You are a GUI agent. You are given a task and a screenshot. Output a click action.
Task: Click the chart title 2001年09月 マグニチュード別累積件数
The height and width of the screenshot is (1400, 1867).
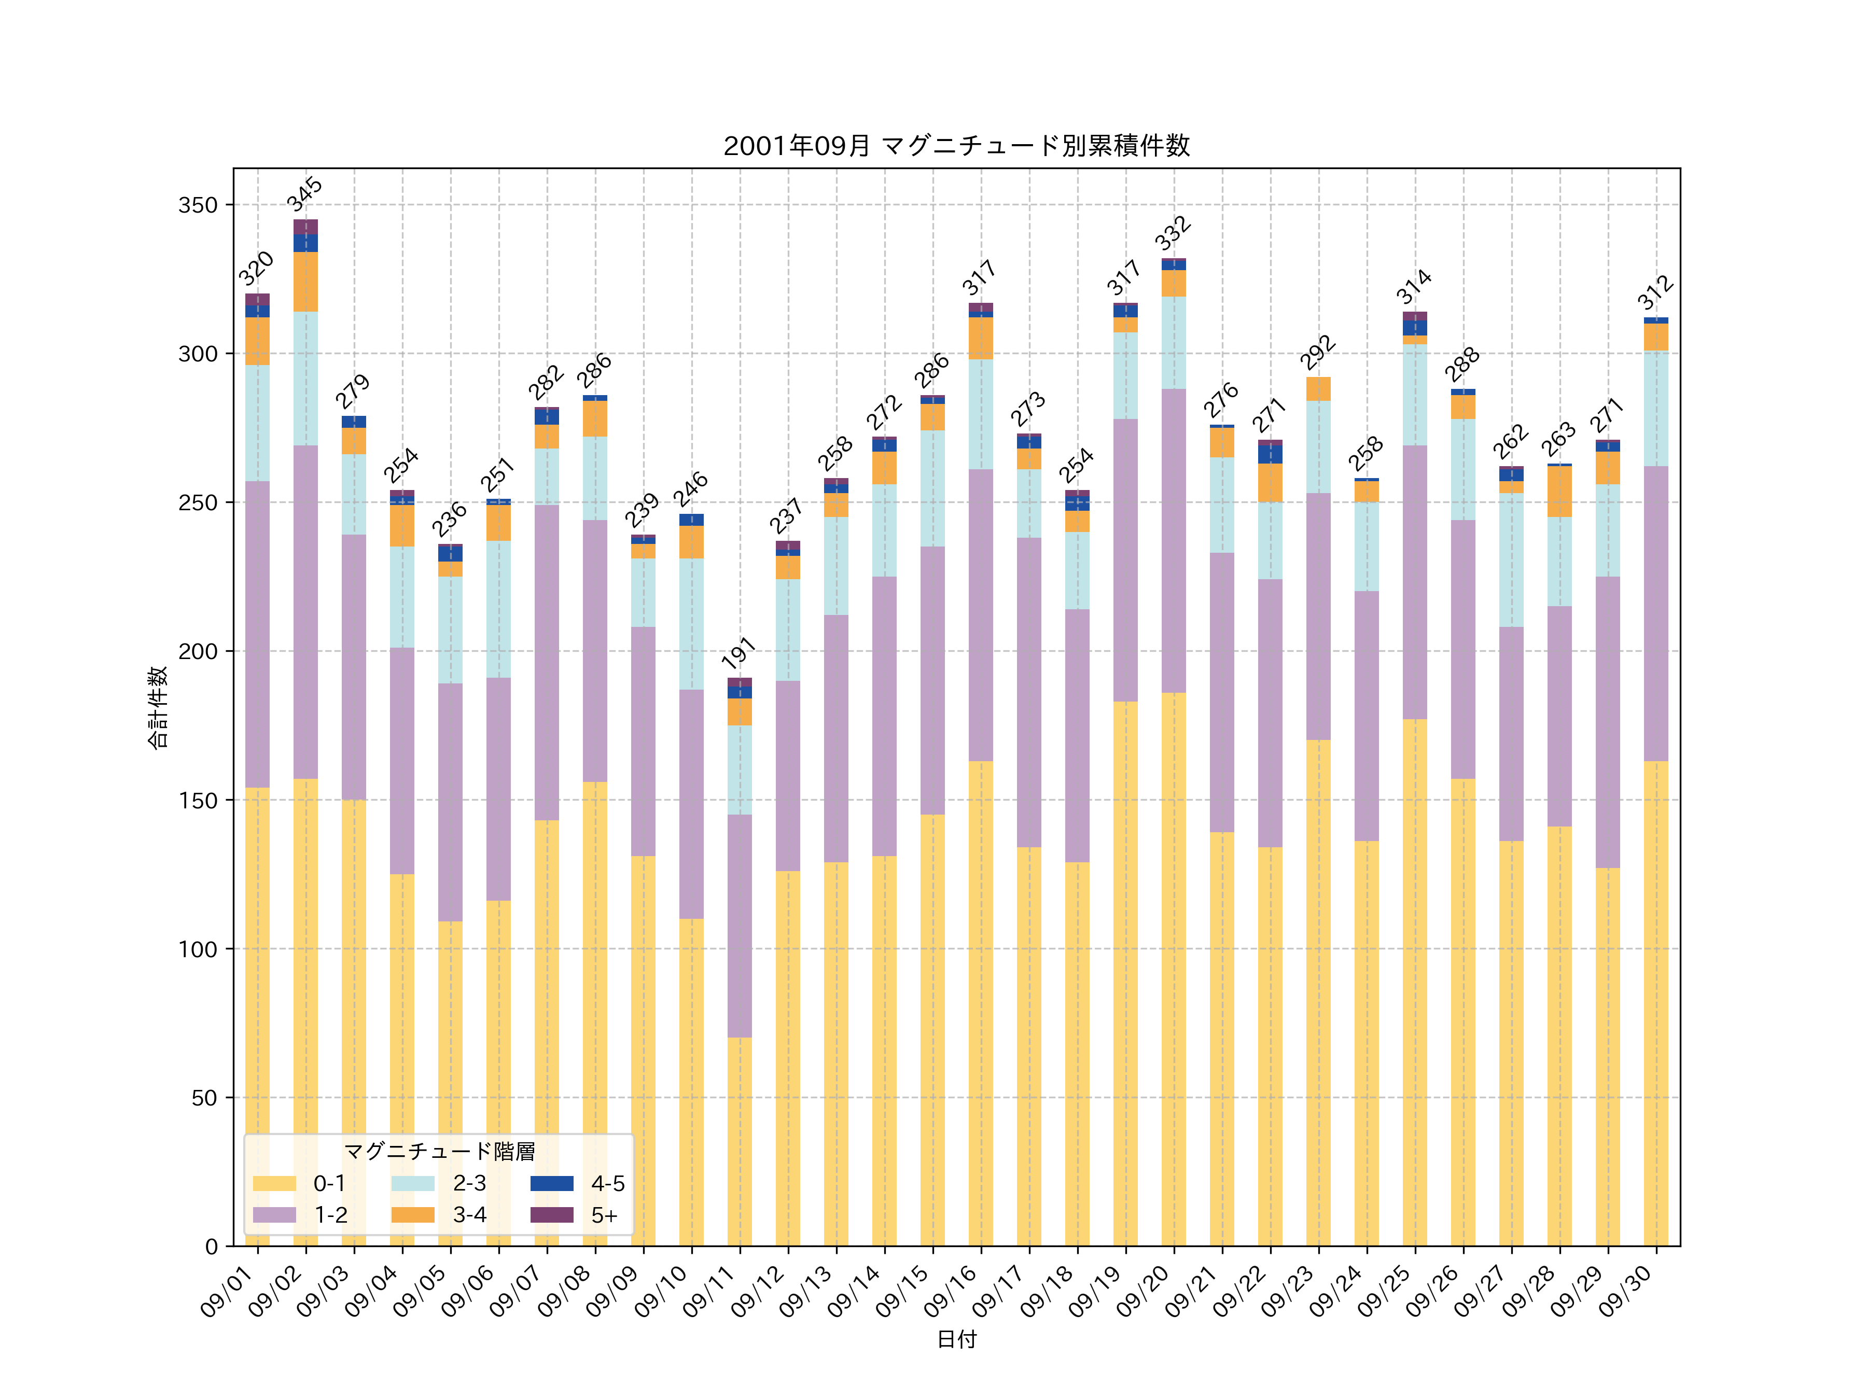[x=956, y=146]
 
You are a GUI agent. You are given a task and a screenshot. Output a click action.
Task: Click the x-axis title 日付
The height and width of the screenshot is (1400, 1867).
[x=956, y=1339]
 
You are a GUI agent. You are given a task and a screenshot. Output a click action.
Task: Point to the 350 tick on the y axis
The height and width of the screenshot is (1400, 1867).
[x=198, y=205]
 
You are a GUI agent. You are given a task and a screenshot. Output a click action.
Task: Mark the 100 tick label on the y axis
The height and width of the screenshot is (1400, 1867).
[x=198, y=949]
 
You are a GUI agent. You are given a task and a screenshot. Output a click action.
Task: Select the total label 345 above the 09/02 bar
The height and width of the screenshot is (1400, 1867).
[x=305, y=194]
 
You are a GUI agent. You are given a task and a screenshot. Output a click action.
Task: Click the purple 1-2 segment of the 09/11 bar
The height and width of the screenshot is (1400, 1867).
[x=740, y=925]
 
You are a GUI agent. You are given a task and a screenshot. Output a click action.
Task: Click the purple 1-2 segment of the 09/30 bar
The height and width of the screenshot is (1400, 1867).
[x=1656, y=613]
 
